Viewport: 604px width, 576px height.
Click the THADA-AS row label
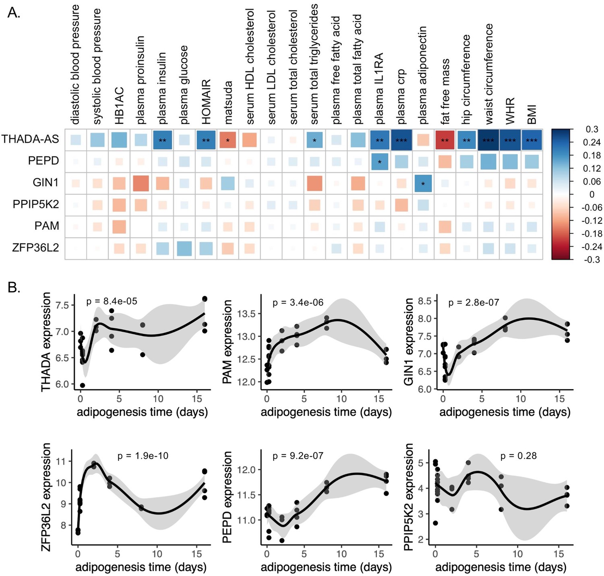click(x=30, y=139)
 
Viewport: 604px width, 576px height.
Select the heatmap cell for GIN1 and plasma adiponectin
click(x=423, y=183)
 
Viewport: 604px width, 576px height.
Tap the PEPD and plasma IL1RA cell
click(x=379, y=162)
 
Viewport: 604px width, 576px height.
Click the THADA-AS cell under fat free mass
click(x=445, y=140)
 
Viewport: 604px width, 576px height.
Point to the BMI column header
click(x=532, y=114)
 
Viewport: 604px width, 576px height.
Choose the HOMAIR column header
click(x=206, y=102)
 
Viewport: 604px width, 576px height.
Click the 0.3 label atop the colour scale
click(x=592, y=129)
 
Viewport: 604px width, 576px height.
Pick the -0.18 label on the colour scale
click(x=592, y=233)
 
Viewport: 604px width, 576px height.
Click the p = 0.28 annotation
click(x=518, y=456)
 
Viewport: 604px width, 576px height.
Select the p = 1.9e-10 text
click(x=143, y=456)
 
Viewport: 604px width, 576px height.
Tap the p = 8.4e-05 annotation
click(x=112, y=301)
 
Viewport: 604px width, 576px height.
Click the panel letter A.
click(x=14, y=13)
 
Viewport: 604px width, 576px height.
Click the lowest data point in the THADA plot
click(x=83, y=385)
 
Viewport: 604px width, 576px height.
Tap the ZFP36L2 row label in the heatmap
click(x=35, y=247)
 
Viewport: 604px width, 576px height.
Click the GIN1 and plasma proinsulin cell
click(x=141, y=183)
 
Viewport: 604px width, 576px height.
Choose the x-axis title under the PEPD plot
click(x=326, y=567)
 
